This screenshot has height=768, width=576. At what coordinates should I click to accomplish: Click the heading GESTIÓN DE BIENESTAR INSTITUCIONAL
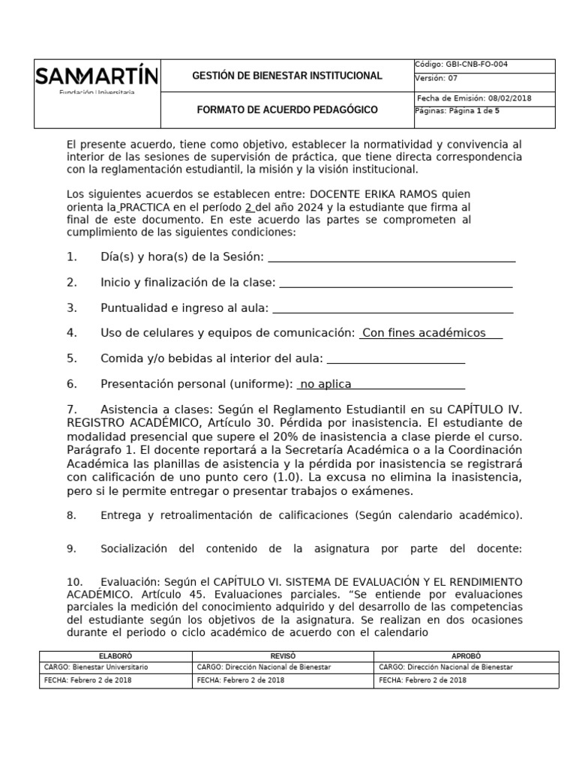point(287,76)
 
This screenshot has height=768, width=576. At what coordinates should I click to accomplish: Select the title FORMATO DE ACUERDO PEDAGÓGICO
point(287,110)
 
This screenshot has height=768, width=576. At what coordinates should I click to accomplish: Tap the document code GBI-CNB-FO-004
point(477,64)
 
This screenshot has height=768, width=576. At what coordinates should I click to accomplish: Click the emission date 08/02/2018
point(508,98)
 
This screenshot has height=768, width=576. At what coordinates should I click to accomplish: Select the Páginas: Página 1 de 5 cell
point(457,111)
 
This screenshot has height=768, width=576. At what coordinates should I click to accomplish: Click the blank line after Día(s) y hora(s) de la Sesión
point(391,257)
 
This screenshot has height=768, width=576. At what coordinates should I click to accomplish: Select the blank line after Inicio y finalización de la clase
point(395,283)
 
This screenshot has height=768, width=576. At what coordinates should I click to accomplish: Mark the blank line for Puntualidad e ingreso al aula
point(392,308)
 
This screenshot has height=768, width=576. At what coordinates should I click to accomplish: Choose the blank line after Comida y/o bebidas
point(396,358)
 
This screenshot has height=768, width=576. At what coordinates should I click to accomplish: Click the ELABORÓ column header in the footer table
point(115,655)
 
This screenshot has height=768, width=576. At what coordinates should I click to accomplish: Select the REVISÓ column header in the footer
point(283,655)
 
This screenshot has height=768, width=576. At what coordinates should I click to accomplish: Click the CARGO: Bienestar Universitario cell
point(115,667)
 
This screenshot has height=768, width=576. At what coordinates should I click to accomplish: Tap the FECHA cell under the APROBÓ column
point(466,680)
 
